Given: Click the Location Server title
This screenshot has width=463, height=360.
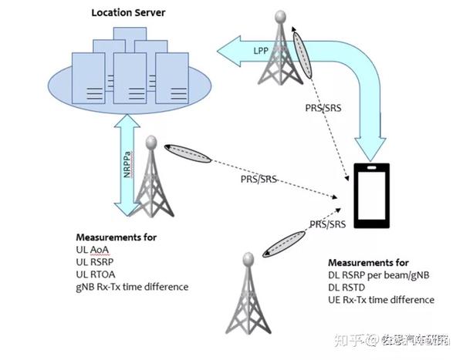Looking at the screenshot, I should click(128, 12).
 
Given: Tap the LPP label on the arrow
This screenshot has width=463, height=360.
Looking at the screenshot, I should click(262, 50).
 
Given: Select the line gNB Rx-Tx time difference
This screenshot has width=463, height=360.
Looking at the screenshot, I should click(132, 287).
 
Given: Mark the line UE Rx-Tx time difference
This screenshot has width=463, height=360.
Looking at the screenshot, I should click(381, 299).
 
